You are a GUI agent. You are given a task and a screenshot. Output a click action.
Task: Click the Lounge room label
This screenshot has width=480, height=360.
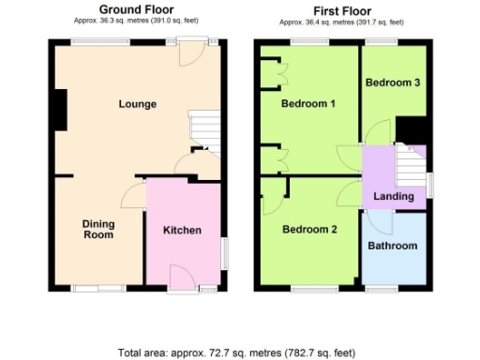pos(137,103)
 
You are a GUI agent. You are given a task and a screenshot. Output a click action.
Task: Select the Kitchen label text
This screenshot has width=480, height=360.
pos(182,231)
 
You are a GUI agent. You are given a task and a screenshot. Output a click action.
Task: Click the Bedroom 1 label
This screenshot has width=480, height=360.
pos(308,103)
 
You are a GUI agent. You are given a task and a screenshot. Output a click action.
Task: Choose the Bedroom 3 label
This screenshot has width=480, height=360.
pos(392,82)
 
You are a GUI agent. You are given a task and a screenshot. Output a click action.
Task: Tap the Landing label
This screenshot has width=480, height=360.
pos(394,196)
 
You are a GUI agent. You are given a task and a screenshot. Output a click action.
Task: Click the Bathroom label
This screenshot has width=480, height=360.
pos(392,246)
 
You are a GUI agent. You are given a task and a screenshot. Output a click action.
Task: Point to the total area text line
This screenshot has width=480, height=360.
pos(237,352)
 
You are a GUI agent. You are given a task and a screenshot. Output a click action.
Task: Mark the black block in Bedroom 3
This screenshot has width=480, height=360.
pos(410,128)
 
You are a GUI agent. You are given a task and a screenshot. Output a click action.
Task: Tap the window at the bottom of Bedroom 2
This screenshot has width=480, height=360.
pos(308,288)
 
